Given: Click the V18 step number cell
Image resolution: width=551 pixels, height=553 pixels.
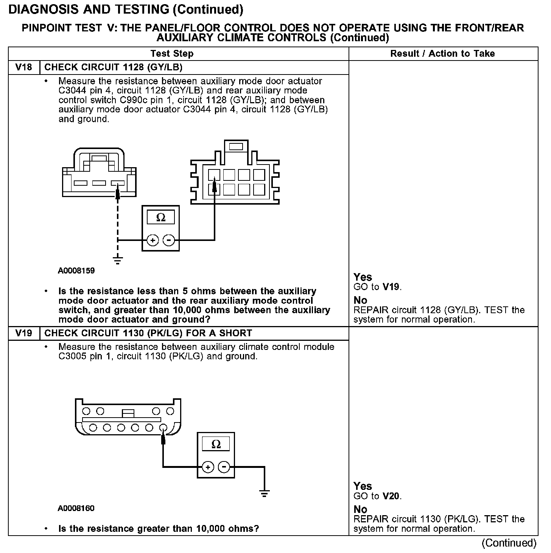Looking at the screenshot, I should pos(23,68).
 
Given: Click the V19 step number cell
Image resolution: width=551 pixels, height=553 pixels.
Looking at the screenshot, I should pos(23,334).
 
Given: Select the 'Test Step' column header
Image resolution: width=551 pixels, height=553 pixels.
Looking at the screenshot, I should pos(172,54).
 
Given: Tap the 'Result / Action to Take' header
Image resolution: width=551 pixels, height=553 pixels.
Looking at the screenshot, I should pos(442,54).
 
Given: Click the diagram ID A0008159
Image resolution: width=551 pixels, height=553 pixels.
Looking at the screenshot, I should pos(76,271).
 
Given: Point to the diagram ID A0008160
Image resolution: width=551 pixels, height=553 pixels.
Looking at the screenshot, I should pos(76,508).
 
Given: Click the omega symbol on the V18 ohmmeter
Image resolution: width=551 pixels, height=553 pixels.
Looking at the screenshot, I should pos(161,218).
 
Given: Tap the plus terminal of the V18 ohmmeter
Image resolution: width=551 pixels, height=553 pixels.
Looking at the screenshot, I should pos(153,240).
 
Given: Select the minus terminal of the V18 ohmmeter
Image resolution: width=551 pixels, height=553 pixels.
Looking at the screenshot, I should pos(169,240).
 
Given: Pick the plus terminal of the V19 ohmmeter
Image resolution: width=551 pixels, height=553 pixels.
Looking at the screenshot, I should pos(208,467).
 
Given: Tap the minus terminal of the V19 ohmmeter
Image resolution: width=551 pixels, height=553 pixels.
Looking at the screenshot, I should pos(224,467).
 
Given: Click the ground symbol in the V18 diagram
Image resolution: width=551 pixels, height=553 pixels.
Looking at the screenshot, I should pos(118,260).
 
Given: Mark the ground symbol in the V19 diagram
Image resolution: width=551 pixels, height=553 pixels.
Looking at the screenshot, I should pos(265,493).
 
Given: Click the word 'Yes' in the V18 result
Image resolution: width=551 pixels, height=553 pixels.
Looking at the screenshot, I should pos(363,277).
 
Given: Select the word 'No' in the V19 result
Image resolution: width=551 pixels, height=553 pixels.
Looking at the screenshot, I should pos(360,510).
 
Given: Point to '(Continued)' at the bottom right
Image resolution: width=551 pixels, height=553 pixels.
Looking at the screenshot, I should pos(509,543).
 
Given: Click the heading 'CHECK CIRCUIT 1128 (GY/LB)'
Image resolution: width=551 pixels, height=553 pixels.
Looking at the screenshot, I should pos(114,68).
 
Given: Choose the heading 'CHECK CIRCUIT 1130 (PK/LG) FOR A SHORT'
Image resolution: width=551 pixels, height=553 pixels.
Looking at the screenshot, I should pos(148,334).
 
